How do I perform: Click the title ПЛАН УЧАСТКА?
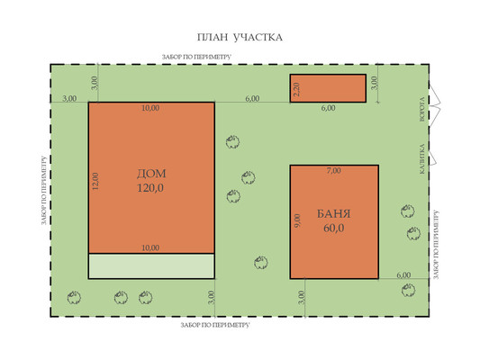(x=240, y=37)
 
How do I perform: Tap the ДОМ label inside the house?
(x=151, y=174)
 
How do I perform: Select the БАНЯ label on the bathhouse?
(x=333, y=214)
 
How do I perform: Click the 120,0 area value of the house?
(x=150, y=188)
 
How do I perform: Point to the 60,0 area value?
(x=334, y=229)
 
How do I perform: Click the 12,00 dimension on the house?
(x=95, y=182)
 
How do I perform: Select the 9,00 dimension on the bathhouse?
(x=297, y=220)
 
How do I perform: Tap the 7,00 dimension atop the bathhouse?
(x=333, y=171)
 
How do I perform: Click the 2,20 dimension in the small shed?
(x=296, y=89)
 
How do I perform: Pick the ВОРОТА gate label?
(x=422, y=109)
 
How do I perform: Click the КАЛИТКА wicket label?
(x=422, y=159)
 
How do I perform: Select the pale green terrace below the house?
(x=151, y=266)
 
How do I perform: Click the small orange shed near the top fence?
(x=328, y=88)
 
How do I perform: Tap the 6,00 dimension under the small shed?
(x=328, y=108)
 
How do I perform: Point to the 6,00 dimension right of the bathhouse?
(x=403, y=275)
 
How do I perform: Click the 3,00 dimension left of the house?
(x=69, y=99)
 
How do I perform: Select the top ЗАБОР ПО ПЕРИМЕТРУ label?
(x=196, y=57)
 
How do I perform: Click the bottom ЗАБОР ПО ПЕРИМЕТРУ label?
(x=215, y=325)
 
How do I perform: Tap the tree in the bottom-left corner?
(x=74, y=297)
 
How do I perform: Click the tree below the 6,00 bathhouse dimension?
(x=408, y=290)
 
